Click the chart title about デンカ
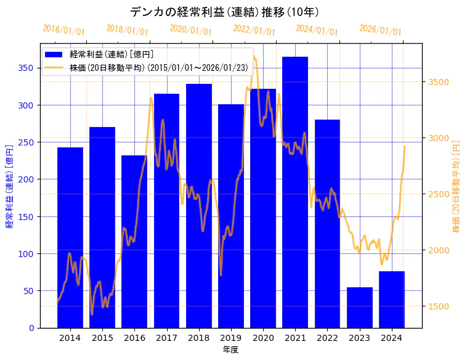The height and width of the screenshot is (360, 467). click(x=224, y=12)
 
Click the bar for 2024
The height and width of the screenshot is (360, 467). click(x=392, y=299)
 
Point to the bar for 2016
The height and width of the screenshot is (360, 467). click(x=134, y=241)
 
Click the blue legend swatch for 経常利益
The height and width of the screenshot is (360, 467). click(x=55, y=55)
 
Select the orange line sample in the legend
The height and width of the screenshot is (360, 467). click(x=55, y=67)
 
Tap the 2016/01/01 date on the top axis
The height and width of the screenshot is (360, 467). click(x=64, y=30)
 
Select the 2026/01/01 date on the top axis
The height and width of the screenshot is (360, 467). click(x=380, y=30)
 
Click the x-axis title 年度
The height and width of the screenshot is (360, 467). click(x=231, y=350)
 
